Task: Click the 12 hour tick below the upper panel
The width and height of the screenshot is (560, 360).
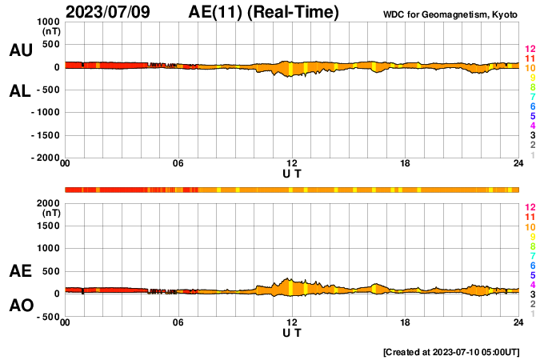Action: [292, 164]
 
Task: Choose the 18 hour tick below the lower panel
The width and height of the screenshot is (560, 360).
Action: [406, 322]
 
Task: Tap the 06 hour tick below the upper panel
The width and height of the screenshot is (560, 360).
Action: [178, 164]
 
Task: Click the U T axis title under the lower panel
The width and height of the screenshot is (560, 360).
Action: [292, 333]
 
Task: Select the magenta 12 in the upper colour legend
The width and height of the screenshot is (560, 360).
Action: [529, 50]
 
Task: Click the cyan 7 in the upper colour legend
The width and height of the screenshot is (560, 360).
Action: [531, 97]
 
